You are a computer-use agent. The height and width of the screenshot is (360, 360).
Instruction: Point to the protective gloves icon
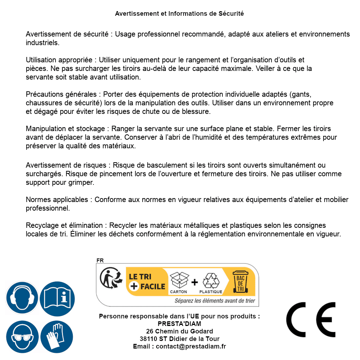coord(57,337)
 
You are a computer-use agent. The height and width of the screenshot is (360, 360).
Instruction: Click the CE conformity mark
coord(311,320)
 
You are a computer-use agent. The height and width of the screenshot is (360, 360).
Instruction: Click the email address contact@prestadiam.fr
coord(191,346)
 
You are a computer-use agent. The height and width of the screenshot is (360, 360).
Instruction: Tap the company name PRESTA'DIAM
coord(179,324)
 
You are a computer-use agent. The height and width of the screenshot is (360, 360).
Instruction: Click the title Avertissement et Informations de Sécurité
coord(179,14)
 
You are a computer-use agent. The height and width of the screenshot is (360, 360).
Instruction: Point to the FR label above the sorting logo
coord(100,260)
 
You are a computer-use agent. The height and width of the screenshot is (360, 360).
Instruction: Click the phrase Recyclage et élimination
coord(64,225)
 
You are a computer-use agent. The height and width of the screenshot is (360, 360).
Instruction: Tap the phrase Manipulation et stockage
coord(67,128)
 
